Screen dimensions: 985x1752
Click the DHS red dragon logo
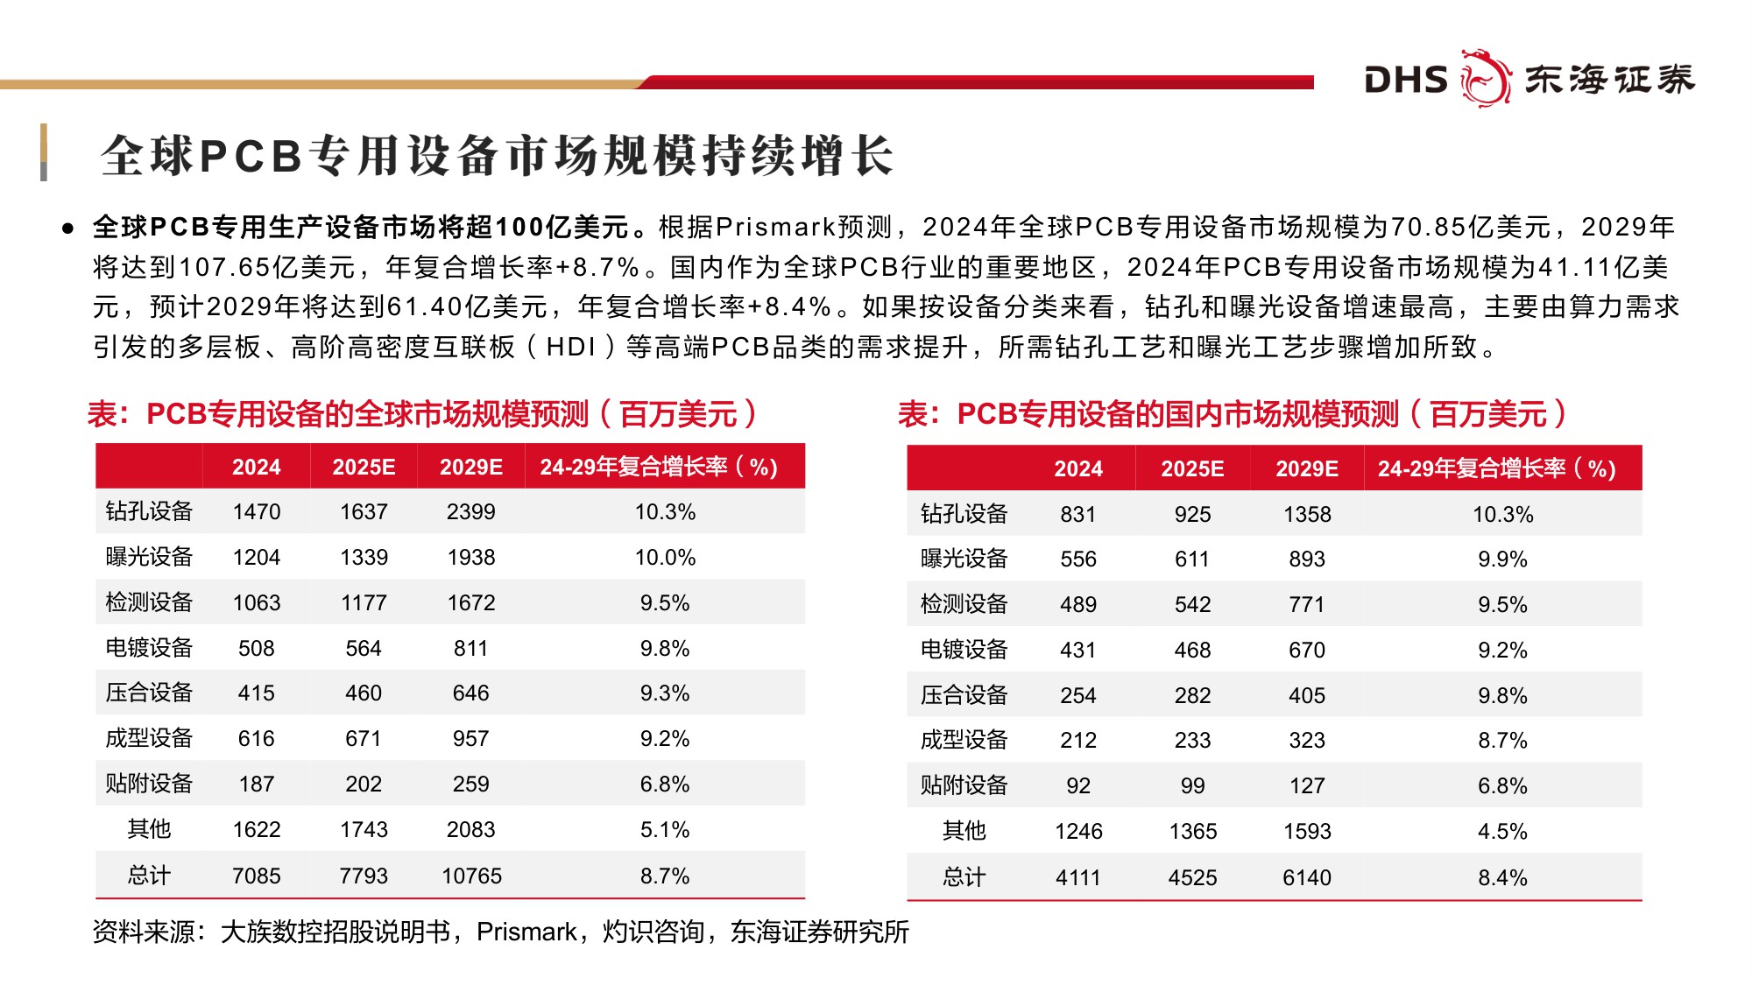pyautogui.click(x=1486, y=78)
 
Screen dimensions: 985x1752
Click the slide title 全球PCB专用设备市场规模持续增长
pyautogui.click(x=497, y=156)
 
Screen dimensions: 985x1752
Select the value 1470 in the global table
pyautogui.click(x=257, y=512)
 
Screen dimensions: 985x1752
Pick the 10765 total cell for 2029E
pyautogui.click(x=471, y=876)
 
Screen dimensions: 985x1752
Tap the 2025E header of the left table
pyautogui.click(x=364, y=467)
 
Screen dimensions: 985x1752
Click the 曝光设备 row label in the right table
pyautogui.click(x=964, y=559)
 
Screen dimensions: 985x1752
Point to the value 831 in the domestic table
pyautogui.click(x=1077, y=514)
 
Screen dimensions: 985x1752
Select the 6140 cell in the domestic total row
pyautogui.click(x=1306, y=877)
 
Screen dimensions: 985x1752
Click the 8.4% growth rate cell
pyautogui.click(x=1502, y=877)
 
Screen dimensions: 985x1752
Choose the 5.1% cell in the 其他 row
pyautogui.click(x=665, y=829)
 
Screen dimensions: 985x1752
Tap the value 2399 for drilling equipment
pyautogui.click(x=470, y=512)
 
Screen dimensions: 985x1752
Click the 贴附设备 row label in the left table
pyautogui.click(x=149, y=784)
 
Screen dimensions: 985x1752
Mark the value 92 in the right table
pyautogui.click(x=1077, y=785)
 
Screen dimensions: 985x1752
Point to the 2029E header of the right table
pyautogui.click(x=1306, y=468)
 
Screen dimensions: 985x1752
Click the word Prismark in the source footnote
pyautogui.click(x=526, y=932)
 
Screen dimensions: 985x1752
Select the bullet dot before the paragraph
pyautogui.click(x=67, y=229)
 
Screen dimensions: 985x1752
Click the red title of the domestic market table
pyautogui.click(x=1232, y=413)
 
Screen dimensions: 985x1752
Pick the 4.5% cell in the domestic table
pyautogui.click(x=1502, y=831)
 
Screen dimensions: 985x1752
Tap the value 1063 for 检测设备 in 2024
pyautogui.click(x=257, y=602)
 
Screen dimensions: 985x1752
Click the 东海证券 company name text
pyautogui.click(x=1609, y=79)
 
